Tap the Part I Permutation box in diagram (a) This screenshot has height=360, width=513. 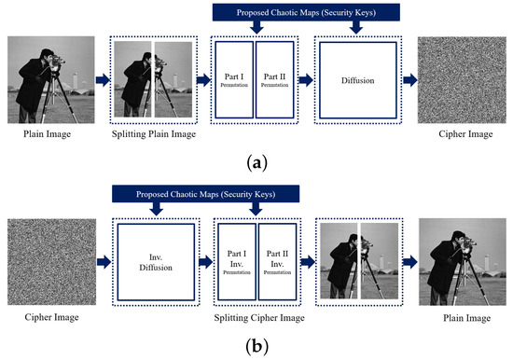coord(233,80)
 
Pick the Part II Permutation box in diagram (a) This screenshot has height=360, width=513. coord(274,80)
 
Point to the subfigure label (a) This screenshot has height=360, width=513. coord(256,162)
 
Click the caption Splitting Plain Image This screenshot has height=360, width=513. coord(153,134)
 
